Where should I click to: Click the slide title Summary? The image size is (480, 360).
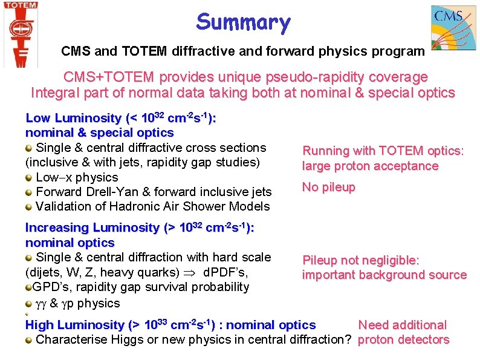(243, 23)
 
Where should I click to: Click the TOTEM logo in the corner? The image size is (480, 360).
(20, 33)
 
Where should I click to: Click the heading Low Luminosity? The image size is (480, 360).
(73, 118)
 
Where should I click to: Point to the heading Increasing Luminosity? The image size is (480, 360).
(92, 228)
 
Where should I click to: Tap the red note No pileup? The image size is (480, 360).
(328, 188)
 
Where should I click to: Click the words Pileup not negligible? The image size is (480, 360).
(360, 260)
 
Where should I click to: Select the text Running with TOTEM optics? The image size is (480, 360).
(383, 151)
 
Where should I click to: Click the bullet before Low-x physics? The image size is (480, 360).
(29, 178)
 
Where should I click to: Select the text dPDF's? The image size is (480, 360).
(225, 272)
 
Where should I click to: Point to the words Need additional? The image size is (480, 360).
(402, 325)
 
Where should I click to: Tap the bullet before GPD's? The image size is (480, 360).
(28, 287)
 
